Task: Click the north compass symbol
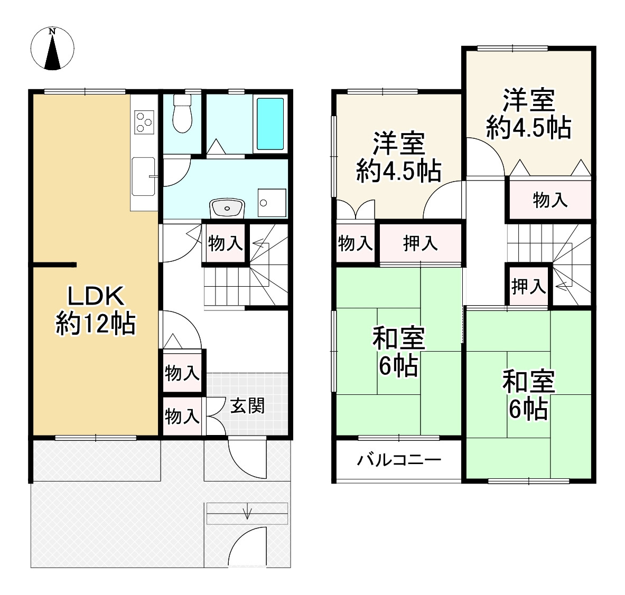(52, 49)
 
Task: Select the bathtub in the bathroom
(270, 124)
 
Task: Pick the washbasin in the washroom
(227, 207)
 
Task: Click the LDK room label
(95, 297)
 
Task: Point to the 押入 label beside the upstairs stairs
(528, 287)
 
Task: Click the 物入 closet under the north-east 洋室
(550, 200)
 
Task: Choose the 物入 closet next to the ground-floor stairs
(225, 243)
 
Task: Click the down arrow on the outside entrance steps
(247, 513)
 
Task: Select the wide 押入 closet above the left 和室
(421, 243)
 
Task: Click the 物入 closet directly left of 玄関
(182, 416)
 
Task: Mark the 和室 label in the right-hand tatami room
(528, 382)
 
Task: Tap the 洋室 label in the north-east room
(528, 100)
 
